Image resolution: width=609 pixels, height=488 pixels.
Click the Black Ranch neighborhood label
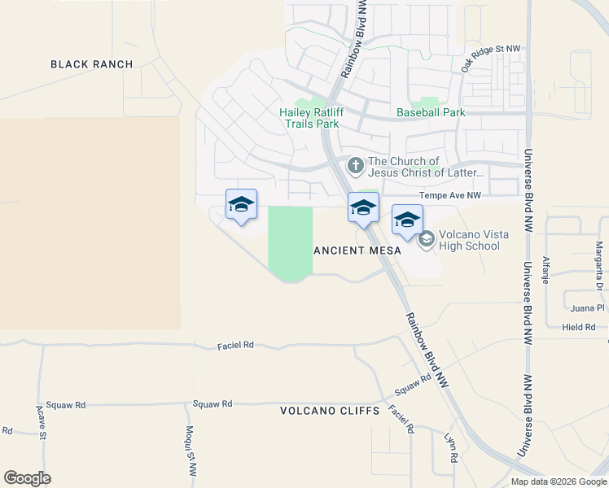91,64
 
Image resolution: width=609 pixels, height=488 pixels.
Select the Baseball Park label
430,112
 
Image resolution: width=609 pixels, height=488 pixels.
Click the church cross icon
355,166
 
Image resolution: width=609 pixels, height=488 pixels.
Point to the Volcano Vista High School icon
426,239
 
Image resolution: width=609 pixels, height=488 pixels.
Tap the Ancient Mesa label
357,251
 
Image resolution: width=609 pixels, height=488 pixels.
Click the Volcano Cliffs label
330,411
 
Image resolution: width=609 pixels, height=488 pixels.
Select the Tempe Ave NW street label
449,195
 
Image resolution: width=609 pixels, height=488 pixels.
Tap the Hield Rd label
579,327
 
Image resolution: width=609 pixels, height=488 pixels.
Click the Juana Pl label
588,308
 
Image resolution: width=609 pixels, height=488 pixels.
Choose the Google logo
27,477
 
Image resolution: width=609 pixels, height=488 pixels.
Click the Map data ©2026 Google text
559,481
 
